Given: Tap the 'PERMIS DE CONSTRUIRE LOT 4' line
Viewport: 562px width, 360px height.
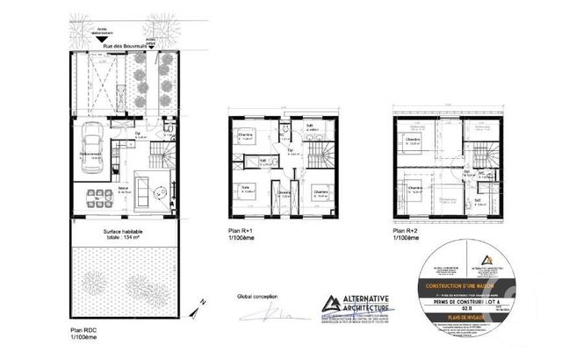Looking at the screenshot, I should click(x=478, y=302).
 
